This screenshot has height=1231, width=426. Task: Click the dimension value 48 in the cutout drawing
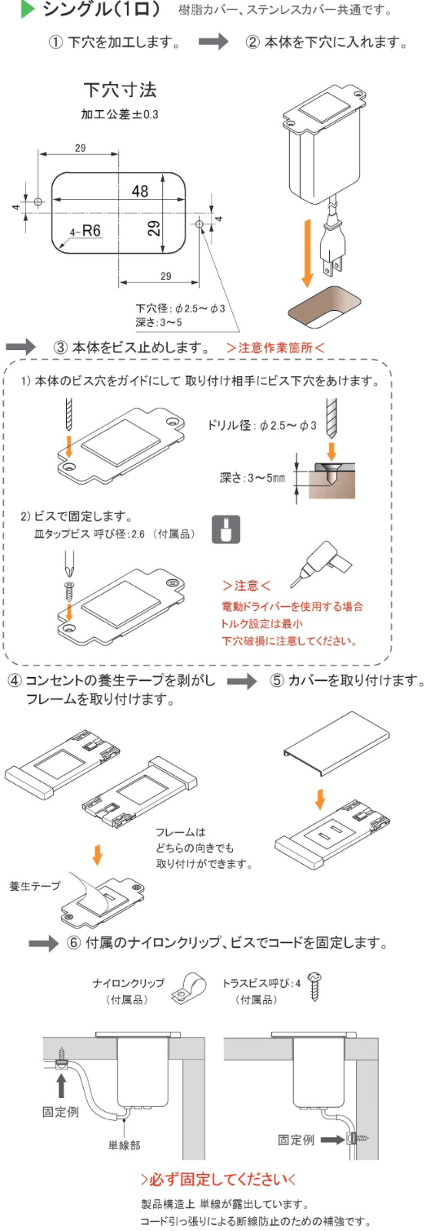click(x=140, y=191)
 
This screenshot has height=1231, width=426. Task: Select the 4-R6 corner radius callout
click(x=86, y=231)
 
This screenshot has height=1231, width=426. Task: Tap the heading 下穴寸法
click(x=120, y=90)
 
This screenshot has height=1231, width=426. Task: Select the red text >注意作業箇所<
click(x=275, y=348)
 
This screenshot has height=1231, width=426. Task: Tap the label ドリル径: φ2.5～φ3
click(x=261, y=425)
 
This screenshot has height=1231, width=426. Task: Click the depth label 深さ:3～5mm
click(x=252, y=478)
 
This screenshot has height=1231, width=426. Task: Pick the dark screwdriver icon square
click(x=225, y=530)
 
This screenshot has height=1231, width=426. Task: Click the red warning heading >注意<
click(x=246, y=585)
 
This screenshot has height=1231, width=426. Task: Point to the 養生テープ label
click(x=35, y=886)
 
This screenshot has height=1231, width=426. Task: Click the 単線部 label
click(x=124, y=1146)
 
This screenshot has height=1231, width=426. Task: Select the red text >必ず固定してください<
click(x=218, y=1179)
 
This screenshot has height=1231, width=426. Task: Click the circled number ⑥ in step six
click(x=74, y=943)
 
